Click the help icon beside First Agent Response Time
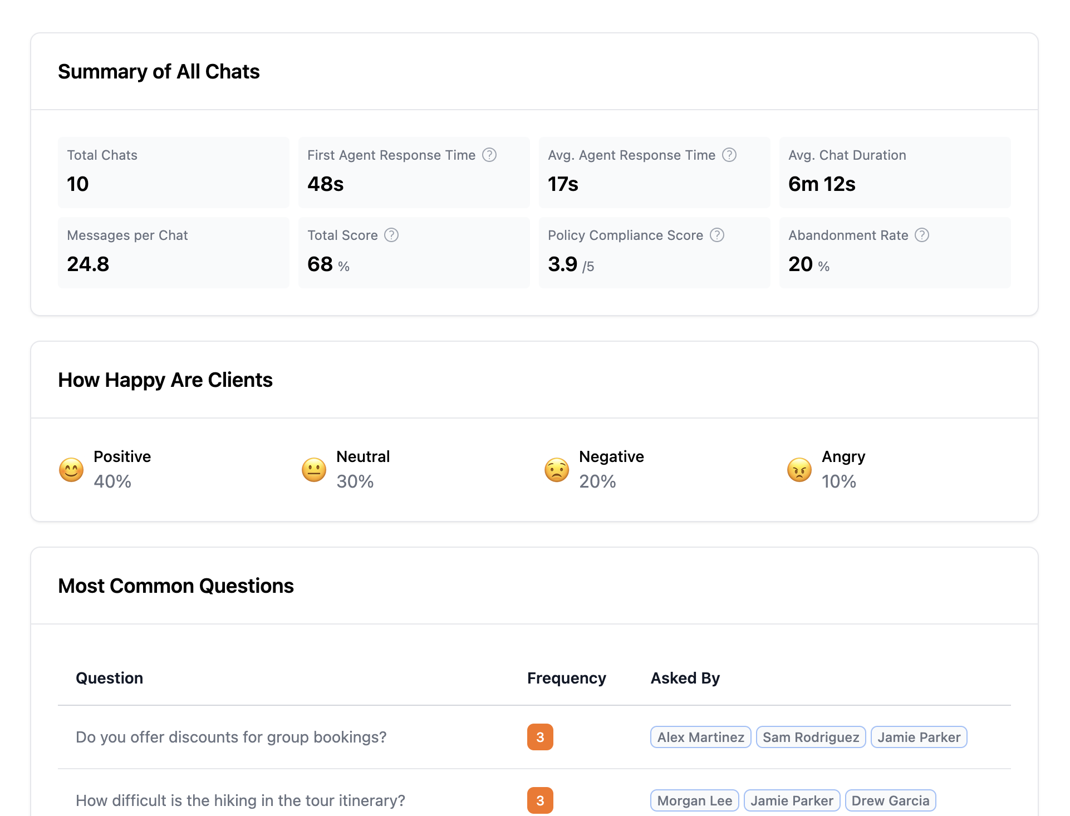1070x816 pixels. point(489,155)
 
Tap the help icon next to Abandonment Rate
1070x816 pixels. point(922,235)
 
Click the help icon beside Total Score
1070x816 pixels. point(391,235)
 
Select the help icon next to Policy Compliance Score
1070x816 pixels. point(717,235)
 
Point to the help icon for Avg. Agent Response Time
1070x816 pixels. point(729,155)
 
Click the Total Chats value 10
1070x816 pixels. point(78,184)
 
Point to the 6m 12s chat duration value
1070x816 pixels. point(822,184)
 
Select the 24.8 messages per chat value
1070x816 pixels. point(88,264)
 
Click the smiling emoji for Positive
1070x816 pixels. point(71,470)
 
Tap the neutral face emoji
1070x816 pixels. point(314,470)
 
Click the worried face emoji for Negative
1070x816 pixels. point(557,470)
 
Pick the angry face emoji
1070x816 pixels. point(799,470)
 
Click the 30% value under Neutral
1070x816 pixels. point(355,481)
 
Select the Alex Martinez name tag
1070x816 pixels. point(700,737)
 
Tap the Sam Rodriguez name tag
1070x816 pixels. point(811,737)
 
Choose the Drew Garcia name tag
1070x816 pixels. point(890,800)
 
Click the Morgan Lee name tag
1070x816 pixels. point(694,800)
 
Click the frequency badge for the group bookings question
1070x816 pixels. point(540,737)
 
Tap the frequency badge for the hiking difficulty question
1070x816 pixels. point(540,800)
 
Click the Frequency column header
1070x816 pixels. point(566,678)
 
